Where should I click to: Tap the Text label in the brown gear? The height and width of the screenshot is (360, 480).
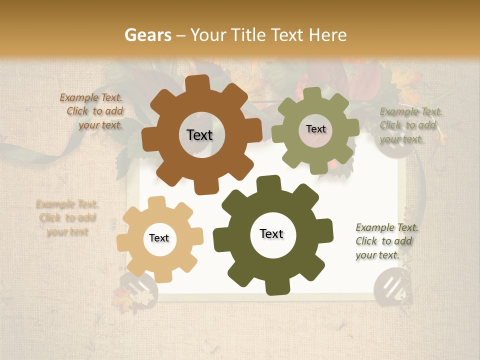pos(199,135)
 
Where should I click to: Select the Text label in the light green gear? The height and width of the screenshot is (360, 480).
pos(315,129)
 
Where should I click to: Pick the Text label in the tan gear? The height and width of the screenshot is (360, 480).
pos(159,238)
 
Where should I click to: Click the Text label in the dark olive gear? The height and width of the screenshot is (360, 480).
pos(271,233)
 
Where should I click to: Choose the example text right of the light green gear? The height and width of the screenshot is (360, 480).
pos(410,125)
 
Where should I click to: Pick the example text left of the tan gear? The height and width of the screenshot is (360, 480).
pos(66,218)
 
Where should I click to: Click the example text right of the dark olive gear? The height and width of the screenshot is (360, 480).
pos(386,241)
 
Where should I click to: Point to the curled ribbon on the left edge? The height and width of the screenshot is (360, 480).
pos(45,154)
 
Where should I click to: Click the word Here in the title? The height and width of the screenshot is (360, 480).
pos(328,35)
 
